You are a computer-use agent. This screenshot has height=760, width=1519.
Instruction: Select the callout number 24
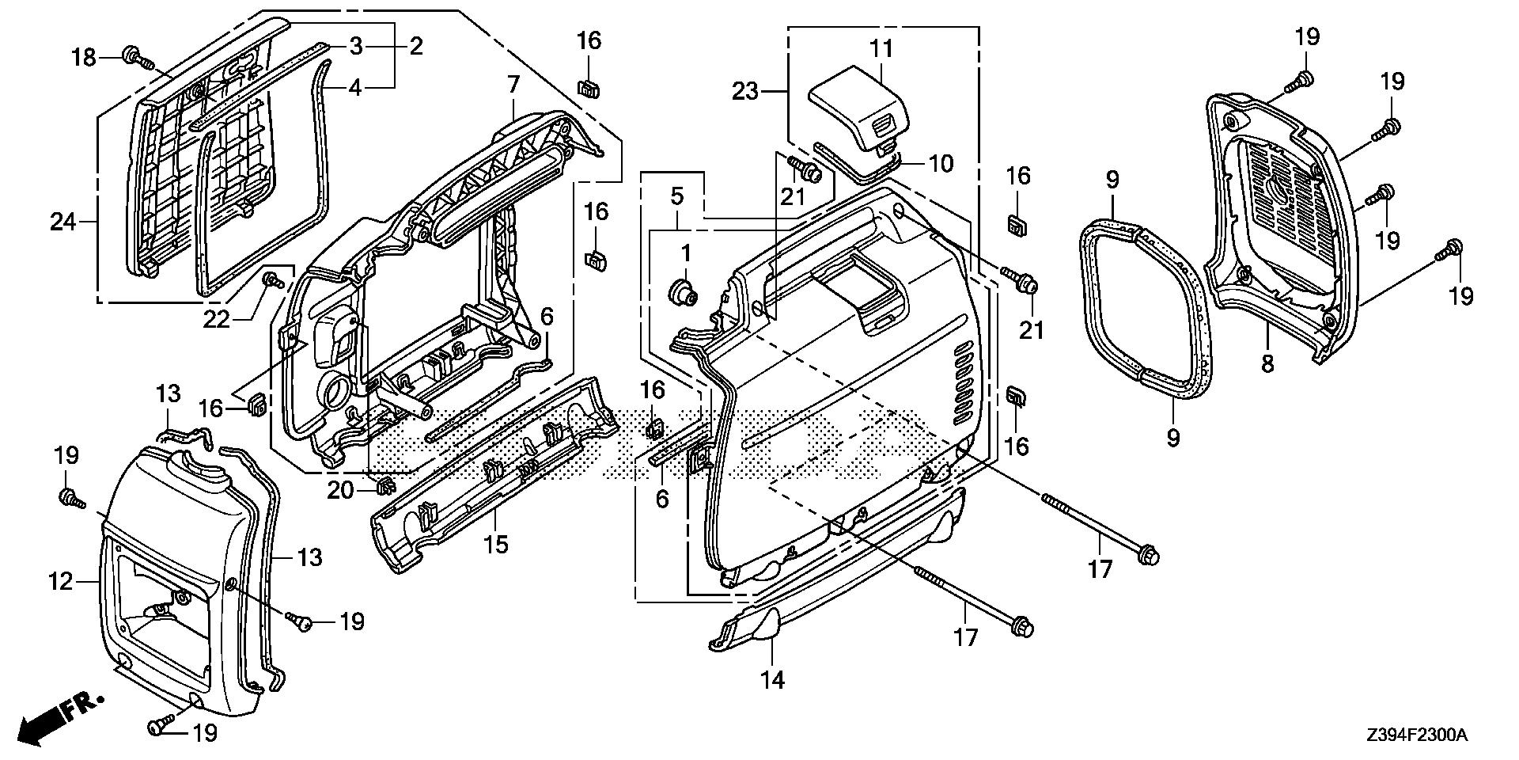tap(63, 222)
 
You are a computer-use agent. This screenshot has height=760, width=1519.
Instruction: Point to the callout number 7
tap(513, 84)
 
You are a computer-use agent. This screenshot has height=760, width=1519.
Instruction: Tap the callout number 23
tap(744, 92)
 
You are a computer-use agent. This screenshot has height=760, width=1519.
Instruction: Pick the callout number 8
tap(1267, 365)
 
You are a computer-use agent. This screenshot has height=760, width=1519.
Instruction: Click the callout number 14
tap(773, 679)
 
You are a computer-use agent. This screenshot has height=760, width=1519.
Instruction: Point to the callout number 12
tap(62, 582)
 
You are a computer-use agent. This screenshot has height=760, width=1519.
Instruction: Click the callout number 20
tap(342, 491)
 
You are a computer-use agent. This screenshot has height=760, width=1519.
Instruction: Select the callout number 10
tap(941, 163)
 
